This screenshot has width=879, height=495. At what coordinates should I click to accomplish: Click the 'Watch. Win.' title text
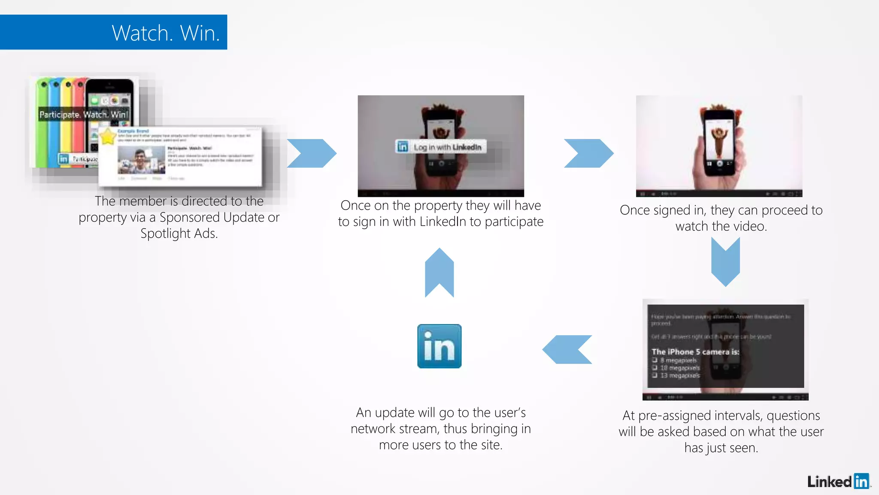(x=166, y=33)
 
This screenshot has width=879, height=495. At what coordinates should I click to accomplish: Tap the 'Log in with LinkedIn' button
(x=441, y=147)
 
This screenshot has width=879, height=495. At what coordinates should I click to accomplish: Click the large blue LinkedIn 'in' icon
(x=439, y=346)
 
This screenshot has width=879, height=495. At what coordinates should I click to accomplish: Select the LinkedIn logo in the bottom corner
(x=838, y=481)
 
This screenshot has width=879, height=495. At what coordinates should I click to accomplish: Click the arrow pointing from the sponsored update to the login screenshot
(x=312, y=153)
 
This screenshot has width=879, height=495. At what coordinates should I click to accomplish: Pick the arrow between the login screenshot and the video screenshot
(x=588, y=153)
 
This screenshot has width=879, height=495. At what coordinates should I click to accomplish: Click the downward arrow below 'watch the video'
(x=725, y=261)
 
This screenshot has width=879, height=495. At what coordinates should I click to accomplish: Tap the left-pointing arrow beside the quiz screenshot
(x=567, y=350)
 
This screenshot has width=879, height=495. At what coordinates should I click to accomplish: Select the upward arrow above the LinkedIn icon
(x=439, y=273)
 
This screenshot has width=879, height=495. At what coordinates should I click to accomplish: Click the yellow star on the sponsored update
(x=108, y=137)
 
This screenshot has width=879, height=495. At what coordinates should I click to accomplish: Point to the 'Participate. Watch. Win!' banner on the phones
(x=84, y=114)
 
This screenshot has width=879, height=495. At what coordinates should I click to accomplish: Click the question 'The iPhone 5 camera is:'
(x=695, y=351)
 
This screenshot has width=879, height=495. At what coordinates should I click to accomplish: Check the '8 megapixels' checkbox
(x=655, y=360)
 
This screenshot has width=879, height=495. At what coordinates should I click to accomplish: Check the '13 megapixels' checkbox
(x=655, y=375)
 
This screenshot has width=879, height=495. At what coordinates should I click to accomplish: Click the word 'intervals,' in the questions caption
(x=735, y=416)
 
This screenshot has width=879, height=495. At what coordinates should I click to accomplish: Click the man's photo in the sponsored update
(x=141, y=160)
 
